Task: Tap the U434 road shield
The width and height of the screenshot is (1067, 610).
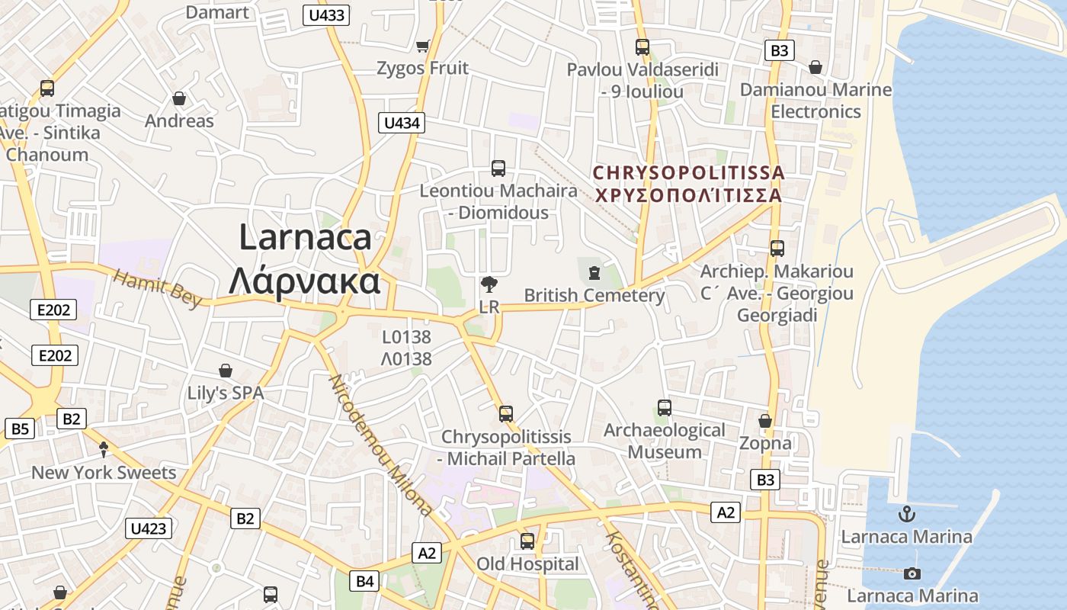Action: [402, 123]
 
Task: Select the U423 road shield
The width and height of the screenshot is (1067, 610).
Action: [149, 528]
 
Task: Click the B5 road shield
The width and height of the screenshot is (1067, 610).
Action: [20, 429]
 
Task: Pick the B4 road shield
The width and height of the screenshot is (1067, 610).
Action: [366, 581]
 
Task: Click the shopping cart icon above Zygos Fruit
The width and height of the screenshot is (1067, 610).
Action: [423, 46]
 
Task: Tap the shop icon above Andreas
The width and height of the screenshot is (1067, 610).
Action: [179, 98]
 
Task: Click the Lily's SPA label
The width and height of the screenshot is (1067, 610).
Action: [226, 393]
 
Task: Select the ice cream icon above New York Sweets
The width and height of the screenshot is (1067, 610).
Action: [104, 450]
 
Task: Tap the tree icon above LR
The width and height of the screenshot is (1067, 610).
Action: [489, 284]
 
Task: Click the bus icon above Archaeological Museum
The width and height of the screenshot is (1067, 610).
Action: [664, 408]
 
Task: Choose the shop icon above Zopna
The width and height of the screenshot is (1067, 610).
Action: [765, 421]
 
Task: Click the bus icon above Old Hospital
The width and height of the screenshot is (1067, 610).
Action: [527, 541]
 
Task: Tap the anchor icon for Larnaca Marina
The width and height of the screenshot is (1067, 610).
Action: [907, 513]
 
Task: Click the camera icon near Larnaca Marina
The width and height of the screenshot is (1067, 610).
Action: [912, 573]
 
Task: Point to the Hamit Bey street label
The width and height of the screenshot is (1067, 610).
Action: [158, 288]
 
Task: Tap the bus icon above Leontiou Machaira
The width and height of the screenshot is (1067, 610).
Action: [498, 169]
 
